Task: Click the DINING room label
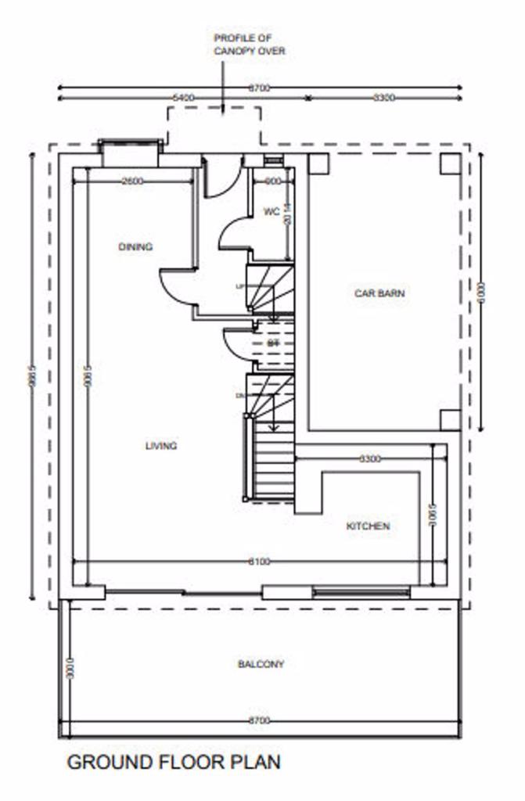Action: click(135, 247)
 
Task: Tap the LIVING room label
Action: click(160, 446)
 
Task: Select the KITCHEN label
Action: click(368, 526)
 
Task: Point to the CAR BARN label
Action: click(380, 293)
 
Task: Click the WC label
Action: click(271, 212)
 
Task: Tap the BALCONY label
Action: click(261, 664)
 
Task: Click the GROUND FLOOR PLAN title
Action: click(174, 762)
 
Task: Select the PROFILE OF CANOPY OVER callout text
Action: click(250, 44)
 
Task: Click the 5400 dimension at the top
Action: click(183, 98)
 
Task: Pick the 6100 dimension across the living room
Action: click(259, 562)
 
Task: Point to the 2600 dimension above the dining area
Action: click(132, 181)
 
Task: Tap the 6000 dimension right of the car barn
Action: click(482, 291)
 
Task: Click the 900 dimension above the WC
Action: click(271, 181)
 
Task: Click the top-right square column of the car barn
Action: click(450, 164)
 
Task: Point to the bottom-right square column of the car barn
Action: click(450, 420)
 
